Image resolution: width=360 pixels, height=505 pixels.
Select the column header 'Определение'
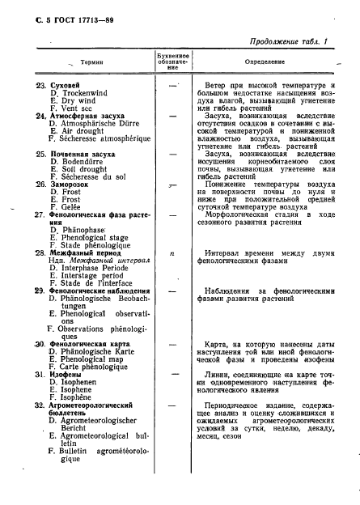262,62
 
